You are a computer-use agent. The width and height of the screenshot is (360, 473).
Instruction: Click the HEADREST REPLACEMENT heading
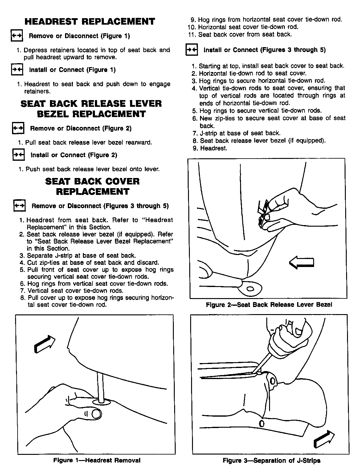click(x=90, y=22)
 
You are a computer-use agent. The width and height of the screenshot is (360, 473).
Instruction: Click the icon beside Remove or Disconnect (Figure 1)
click(x=17, y=35)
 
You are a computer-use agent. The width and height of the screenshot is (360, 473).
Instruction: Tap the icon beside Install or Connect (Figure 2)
click(x=18, y=155)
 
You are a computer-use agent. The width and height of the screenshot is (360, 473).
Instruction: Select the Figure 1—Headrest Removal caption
click(x=97, y=460)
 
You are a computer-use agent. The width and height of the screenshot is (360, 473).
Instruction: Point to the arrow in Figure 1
click(x=45, y=344)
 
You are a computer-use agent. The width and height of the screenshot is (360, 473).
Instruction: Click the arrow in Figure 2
click(x=301, y=262)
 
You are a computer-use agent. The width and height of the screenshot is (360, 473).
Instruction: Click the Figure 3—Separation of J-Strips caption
click(x=271, y=460)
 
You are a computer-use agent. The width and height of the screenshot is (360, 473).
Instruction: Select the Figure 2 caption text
click(x=269, y=305)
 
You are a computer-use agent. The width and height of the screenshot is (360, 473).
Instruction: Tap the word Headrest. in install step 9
click(x=214, y=148)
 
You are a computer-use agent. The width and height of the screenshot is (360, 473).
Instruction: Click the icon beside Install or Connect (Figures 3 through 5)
click(x=191, y=50)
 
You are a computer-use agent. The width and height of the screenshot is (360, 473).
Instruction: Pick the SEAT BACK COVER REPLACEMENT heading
click(x=92, y=186)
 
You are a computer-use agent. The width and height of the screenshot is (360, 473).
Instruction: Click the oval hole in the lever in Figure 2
click(x=250, y=289)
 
